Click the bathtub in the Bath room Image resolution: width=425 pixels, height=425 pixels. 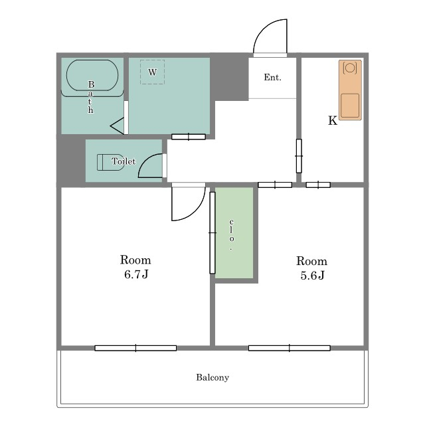pyautogui.click(x=92, y=75)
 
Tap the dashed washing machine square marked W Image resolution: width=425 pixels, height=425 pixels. pyautogui.click(x=152, y=72)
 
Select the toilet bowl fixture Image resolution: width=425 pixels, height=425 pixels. pyautogui.click(x=110, y=162)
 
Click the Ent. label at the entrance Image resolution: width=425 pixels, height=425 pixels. pyautogui.click(x=273, y=78)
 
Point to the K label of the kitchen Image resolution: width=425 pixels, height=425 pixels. pyautogui.click(x=333, y=121)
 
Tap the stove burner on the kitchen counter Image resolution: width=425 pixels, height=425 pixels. pyautogui.click(x=350, y=68)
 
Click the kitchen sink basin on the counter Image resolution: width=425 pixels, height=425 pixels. pyautogui.click(x=350, y=106)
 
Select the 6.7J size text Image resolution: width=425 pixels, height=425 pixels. pyautogui.click(x=136, y=274)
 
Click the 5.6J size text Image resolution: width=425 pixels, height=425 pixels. pyautogui.click(x=313, y=276)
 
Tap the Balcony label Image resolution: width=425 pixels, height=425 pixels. pyautogui.click(x=212, y=378)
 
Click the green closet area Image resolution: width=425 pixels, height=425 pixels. pyautogui.click(x=234, y=233)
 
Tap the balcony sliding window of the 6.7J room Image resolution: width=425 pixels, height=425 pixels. pyautogui.click(x=135, y=348)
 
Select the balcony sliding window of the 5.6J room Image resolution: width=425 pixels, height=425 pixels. pyautogui.click(x=290, y=348)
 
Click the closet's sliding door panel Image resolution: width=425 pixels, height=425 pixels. pyautogui.click(x=212, y=233)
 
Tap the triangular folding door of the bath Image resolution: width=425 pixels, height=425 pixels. pyautogui.click(x=117, y=126)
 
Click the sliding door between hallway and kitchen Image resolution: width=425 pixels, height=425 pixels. pyautogui.click(x=299, y=156)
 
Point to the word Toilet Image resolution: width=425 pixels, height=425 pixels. pyautogui.click(x=124, y=161)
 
